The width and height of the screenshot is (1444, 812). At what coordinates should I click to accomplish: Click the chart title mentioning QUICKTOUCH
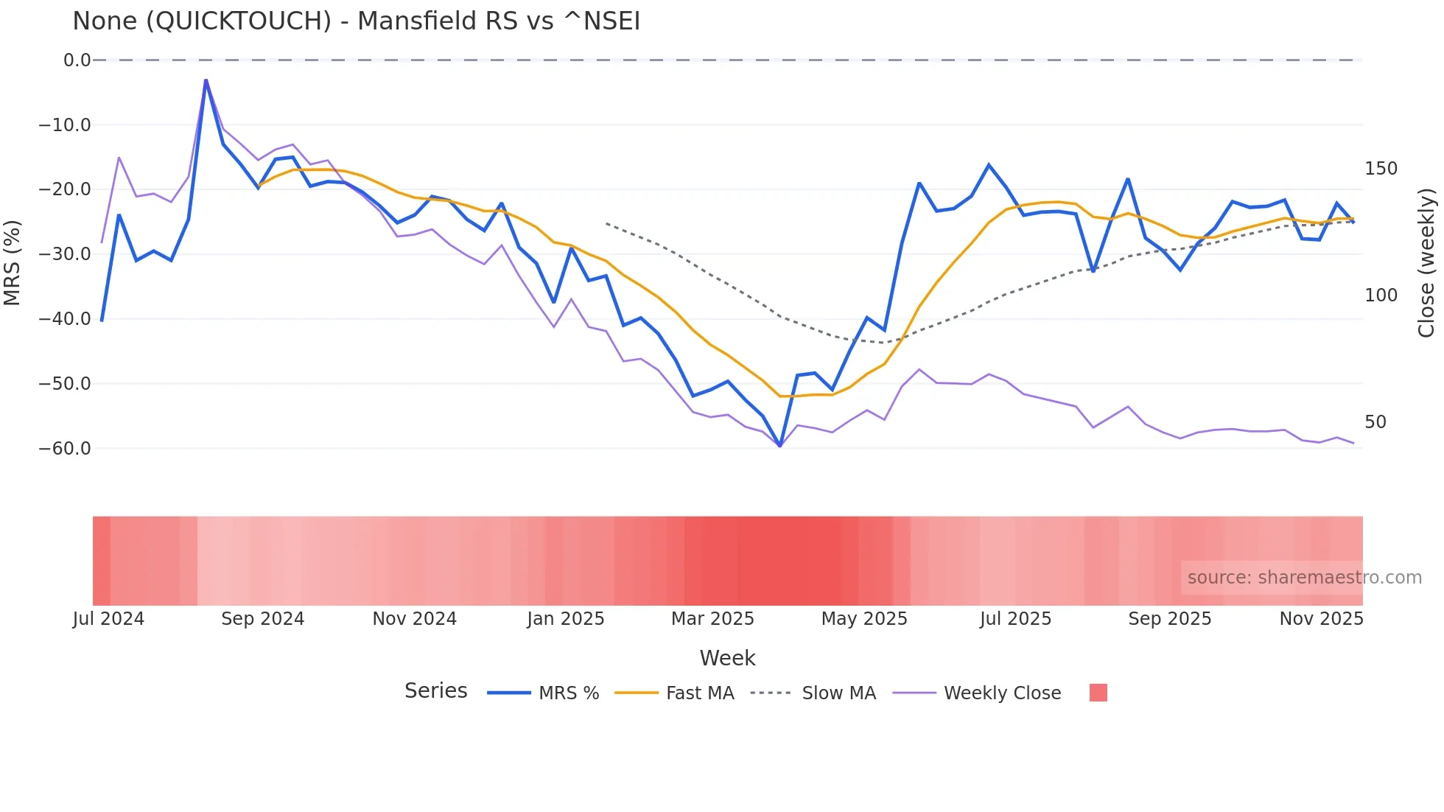[x=356, y=21]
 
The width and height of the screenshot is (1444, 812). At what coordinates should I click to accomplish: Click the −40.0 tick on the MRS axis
[x=65, y=319]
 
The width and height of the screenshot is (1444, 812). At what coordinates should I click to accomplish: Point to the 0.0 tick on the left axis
[x=77, y=60]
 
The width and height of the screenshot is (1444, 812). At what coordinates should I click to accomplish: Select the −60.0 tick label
[x=65, y=448]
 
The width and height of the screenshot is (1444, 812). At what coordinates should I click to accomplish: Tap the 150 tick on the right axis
[x=1381, y=169]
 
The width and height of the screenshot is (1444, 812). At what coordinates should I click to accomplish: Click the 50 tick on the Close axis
[x=1375, y=422]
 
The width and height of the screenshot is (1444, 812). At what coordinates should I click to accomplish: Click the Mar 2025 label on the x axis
[x=712, y=619]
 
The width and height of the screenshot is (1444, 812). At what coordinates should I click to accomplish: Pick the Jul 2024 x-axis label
[x=108, y=619]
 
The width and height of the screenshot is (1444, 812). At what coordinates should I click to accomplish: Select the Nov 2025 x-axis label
[x=1321, y=619]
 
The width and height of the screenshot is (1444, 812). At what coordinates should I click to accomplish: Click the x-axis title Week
[x=727, y=658]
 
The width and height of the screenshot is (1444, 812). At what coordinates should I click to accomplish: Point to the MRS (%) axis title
[x=12, y=262]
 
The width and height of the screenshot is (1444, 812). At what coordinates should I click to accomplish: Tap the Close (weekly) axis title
[x=1427, y=262]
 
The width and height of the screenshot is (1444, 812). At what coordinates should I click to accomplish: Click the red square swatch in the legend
[x=1098, y=693]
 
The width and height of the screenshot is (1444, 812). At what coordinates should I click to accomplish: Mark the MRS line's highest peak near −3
[x=206, y=80]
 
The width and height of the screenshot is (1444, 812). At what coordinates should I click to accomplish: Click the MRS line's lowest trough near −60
[x=780, y=446]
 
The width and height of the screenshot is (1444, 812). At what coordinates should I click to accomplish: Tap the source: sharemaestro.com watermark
[x=1304, y=578]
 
